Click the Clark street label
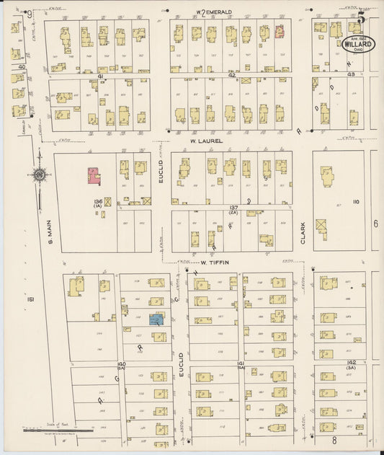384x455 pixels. tap(303, 231)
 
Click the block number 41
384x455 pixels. tap(101, 75)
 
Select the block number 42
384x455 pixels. tap(231, 75)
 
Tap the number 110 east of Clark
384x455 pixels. tap(354, 202)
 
